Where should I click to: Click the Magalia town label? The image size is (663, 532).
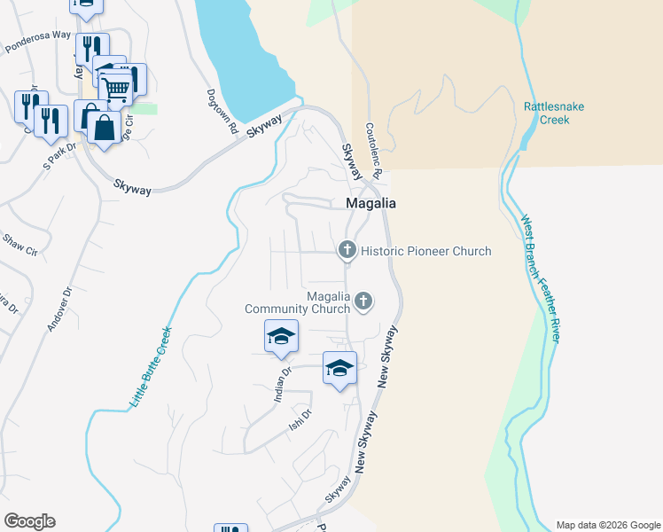point(370,203)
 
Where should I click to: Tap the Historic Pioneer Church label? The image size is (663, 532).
point(425,251)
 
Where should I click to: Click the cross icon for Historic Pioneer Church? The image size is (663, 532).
point(347,251)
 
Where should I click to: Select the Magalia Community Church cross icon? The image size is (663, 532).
point(363,302)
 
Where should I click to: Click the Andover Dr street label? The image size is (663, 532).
point(58,307)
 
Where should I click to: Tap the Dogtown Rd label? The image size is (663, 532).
point(223,111)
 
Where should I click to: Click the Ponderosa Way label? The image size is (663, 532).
point(38,42)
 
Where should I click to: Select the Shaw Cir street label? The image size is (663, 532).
point(20,245)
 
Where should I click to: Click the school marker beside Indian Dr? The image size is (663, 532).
point(281,336)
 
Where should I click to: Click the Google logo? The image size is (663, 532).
point(29,521)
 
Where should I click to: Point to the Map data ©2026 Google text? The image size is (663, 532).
point(607,525)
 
